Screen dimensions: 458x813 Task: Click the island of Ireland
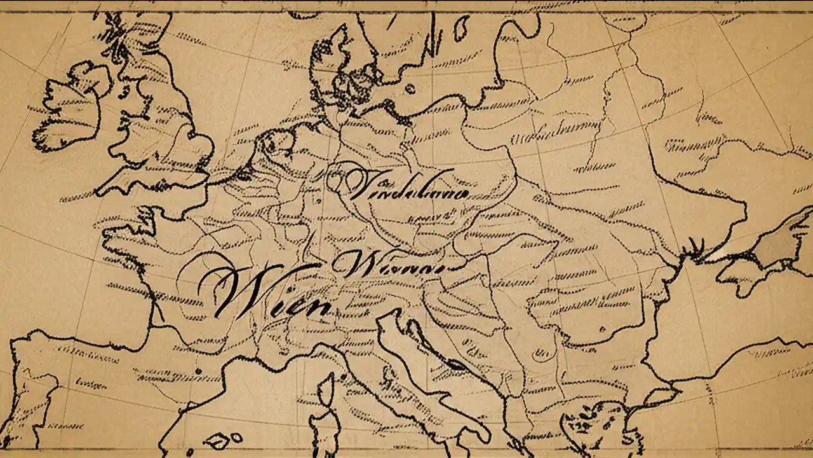[67, 114]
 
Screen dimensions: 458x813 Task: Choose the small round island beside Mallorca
[236, 438]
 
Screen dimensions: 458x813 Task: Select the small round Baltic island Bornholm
[411, 89]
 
